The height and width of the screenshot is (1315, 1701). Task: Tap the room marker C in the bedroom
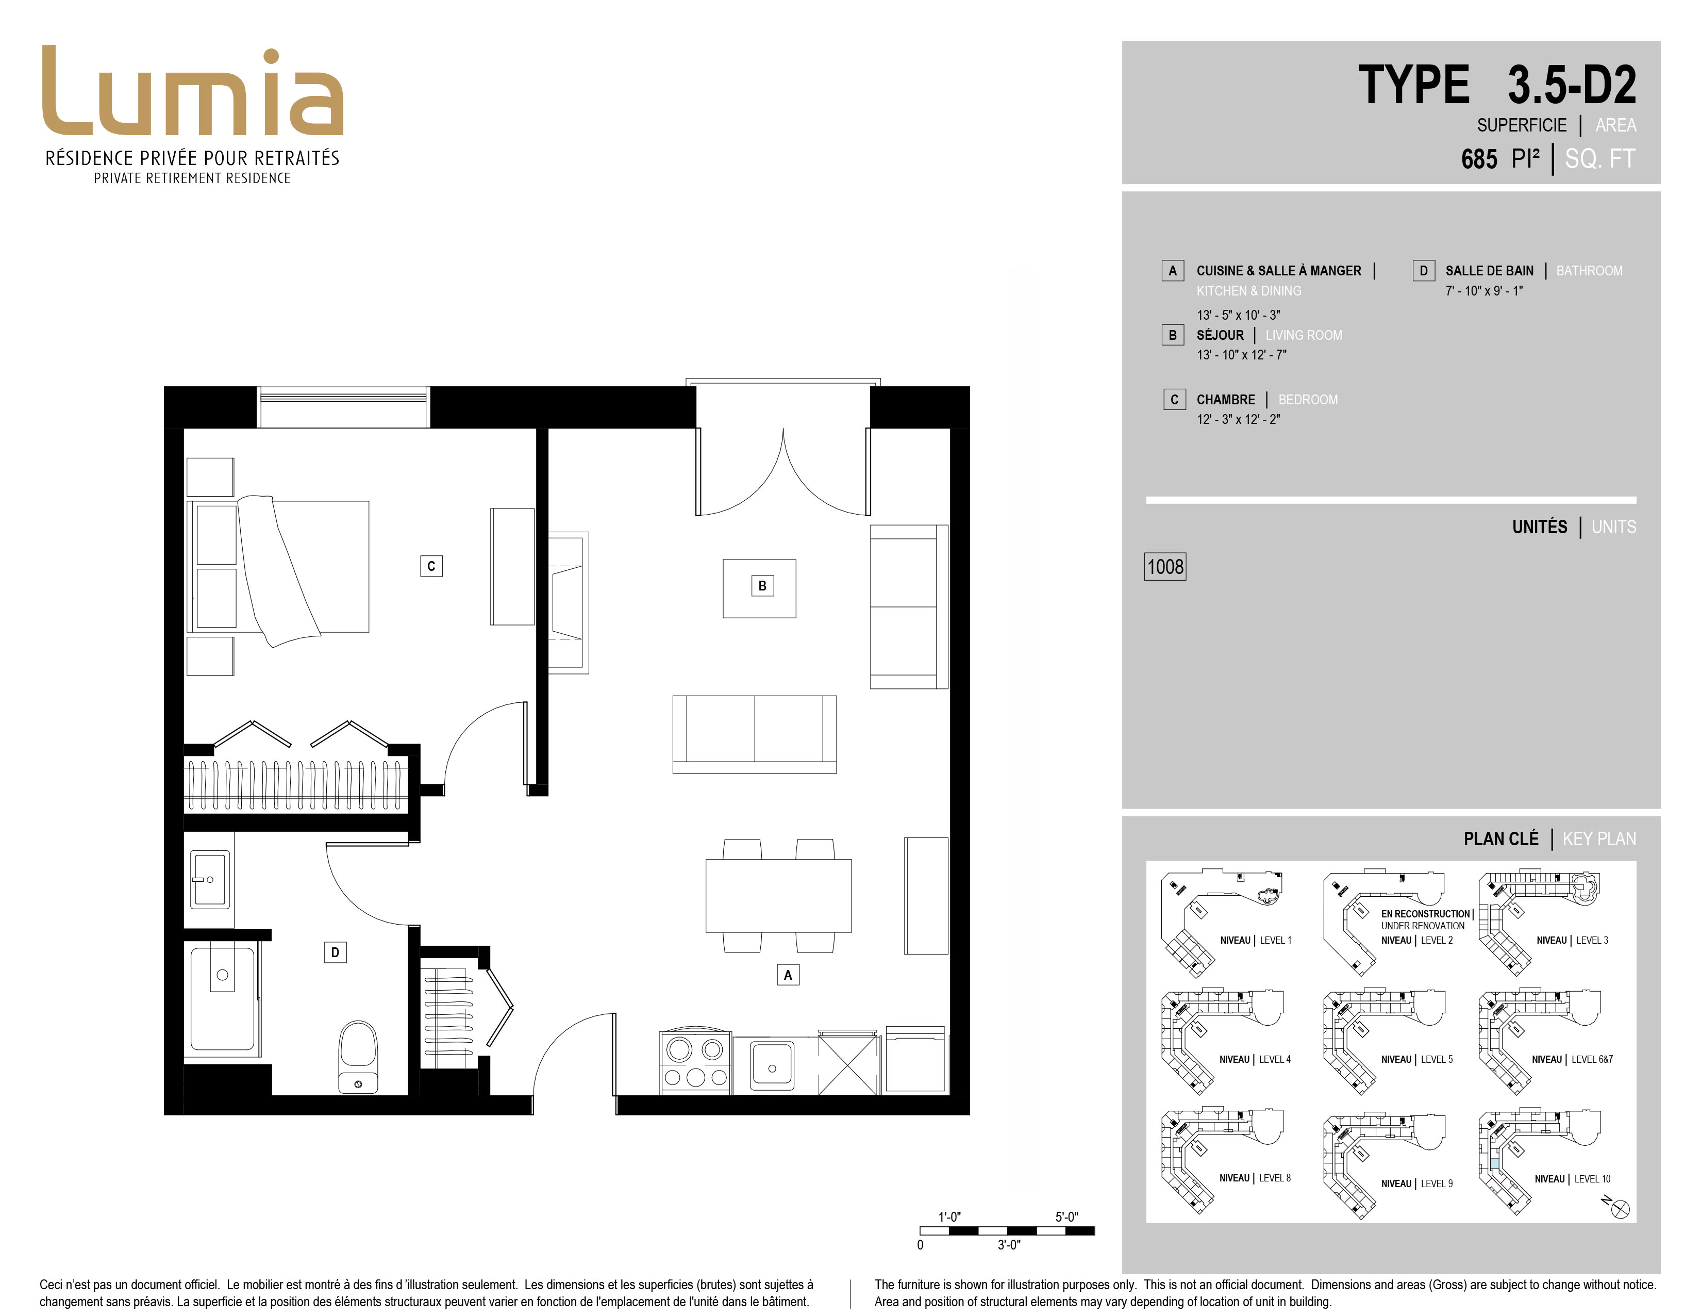click(431, 566)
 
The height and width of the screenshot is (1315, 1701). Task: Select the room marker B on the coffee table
click(762, 586)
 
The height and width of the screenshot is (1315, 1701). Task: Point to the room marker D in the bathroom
click(335, 952)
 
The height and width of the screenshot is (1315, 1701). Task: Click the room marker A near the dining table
click(788, 975)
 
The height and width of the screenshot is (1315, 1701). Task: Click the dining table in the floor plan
click(778, 896)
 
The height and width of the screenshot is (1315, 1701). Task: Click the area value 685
click(1479, 159)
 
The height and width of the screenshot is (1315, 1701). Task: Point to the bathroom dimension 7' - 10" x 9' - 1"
click(1483, 290)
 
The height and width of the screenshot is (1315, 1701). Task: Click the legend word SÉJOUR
click(1220, 335)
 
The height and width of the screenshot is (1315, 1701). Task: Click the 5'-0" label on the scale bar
click(1066, 1216)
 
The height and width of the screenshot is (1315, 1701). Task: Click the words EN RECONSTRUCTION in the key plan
click(1425, 914)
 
